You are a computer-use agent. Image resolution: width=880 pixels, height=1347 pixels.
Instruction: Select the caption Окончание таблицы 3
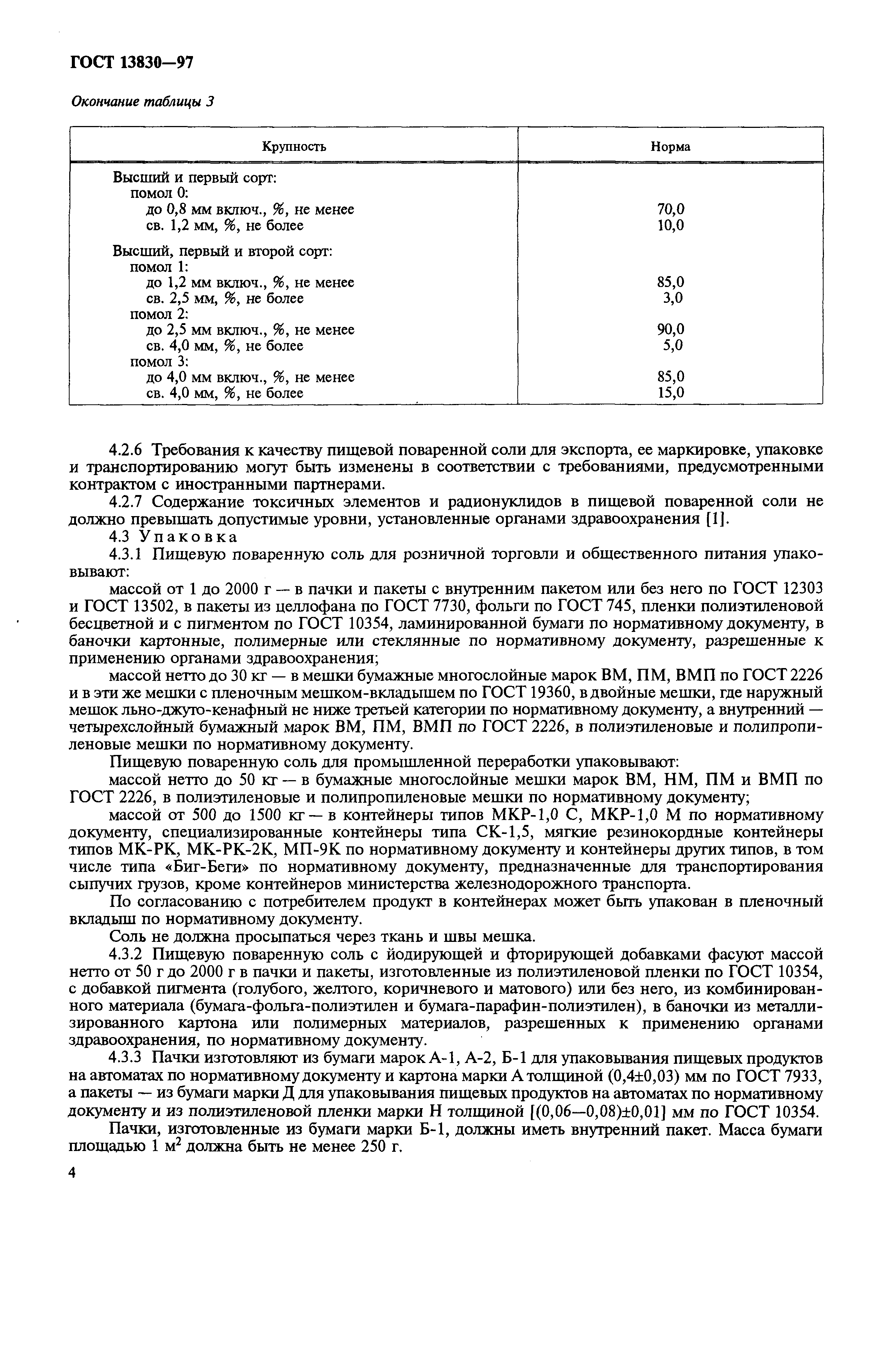(x=143, y=102)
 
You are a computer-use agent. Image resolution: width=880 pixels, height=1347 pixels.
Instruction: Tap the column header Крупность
(x=294, y=147)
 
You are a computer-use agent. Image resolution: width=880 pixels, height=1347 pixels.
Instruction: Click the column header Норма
(x=670, y=147)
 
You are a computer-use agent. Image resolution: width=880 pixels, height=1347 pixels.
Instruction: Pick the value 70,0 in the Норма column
(x=670, y=210)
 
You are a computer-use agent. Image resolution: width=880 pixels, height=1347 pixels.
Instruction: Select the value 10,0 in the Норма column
(x=670, y=225)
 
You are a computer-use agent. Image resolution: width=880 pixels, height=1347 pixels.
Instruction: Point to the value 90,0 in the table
(x=670, y=330)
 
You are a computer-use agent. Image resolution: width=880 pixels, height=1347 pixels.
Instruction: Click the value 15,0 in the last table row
(x=670, y=393)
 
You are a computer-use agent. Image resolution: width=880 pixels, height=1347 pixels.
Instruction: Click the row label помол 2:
(x=159, y=314)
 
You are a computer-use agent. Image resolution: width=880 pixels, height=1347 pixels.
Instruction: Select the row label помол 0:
(x=159, y=194)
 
